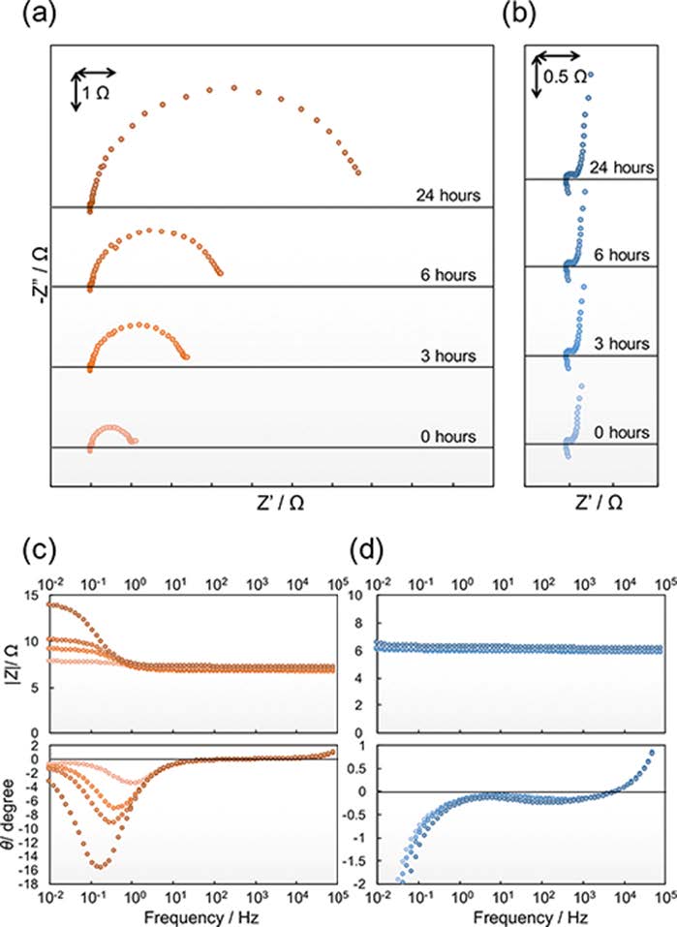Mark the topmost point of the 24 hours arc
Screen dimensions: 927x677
click(234, 88)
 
